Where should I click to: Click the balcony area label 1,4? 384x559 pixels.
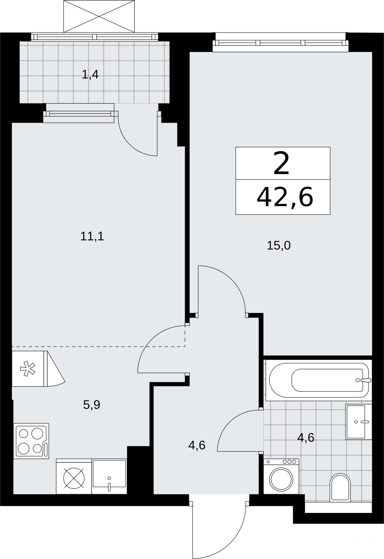click(x=90, y=75)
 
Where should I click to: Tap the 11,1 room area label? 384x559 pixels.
click(x=92, y=236)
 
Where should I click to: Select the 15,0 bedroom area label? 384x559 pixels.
click(x=279, y=246)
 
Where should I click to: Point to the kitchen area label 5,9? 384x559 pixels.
click(x=92, y=405)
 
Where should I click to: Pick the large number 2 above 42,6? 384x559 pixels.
click(x=281, y=164)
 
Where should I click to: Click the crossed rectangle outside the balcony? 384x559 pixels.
click(x=99, y=16)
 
